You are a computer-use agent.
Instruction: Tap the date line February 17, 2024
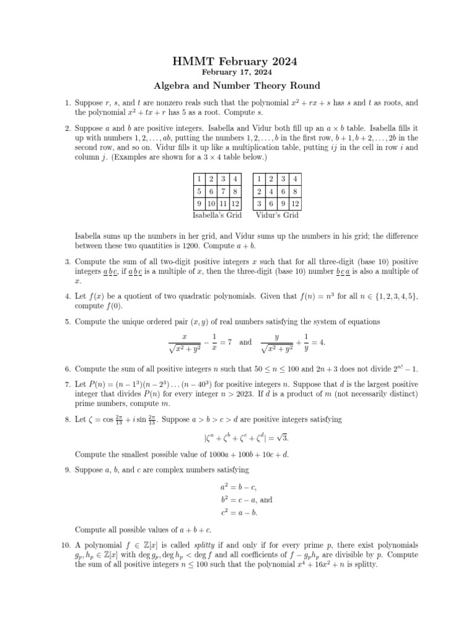pyautogui.click(x=236, y=72)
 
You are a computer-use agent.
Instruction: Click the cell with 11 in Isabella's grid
pyautogui.click(x=222, y=203)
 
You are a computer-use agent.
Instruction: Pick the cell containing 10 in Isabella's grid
pyautogui.click(x=210, y=203)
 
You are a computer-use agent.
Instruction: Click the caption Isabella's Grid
pyautogui.click(x=217, y=215)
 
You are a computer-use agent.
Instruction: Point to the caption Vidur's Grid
pyautogui.click(x=277, y=215)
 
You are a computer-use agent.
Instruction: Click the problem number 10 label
pyautogui.click(x=66, y=545)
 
